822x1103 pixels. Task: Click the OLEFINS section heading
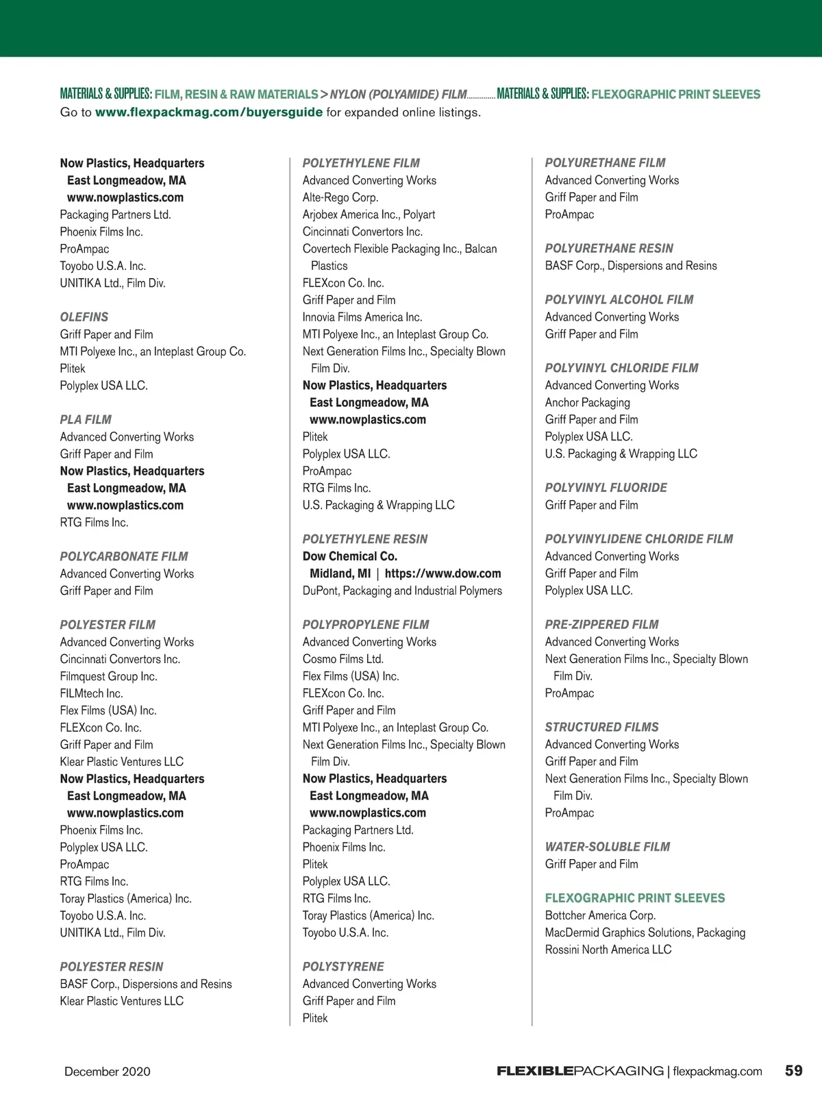point(84,317)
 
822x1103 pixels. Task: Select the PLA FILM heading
point(86,420)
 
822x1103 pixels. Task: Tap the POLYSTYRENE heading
point(343,967)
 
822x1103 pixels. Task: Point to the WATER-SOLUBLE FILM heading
point(608,847)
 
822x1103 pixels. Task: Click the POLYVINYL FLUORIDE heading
point(606,488)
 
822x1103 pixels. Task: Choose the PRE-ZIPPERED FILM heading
point(601,625)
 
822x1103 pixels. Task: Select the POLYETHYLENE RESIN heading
point(365,539)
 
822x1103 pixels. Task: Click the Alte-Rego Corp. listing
point(340,197)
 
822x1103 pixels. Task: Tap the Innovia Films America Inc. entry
point(362,317)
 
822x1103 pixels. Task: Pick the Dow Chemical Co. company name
point(350,556)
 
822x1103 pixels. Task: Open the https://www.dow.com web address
point(443,573)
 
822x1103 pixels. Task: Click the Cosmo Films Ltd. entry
point(343,659)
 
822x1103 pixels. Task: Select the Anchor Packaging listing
point(587,403)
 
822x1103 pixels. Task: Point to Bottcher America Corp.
point(600,915)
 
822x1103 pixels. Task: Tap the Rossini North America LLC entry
point(608,950)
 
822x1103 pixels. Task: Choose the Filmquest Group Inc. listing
point(108,676)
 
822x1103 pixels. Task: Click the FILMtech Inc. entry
point(91,693)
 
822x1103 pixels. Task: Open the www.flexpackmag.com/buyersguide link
point(209,112)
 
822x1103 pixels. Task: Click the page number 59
point(793,1071)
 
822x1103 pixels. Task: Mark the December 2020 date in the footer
point(108,1071)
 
